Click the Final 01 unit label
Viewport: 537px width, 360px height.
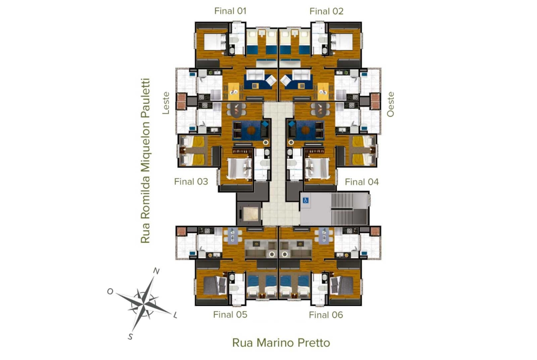pos(230,11)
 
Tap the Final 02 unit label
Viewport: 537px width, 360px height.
pos(326,11)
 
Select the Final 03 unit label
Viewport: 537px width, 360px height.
pos(191,182)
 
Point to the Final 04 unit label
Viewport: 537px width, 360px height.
pos(362,182)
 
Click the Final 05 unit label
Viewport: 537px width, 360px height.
pos(230,315)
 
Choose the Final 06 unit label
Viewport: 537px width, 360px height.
pos(326,315)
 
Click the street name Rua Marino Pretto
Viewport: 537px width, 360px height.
pos(281,343)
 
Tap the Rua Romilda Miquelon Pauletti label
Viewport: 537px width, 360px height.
pos(145,161)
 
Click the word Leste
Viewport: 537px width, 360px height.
pos(166,103)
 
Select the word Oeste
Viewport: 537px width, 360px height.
pos(391,105)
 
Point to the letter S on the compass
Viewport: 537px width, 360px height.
pos(130,337)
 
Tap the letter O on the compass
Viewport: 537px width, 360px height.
pos(110,291)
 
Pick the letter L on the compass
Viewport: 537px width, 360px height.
pos(175,315)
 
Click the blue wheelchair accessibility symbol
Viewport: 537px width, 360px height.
pos(306,200)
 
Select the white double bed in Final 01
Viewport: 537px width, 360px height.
pos(215,42)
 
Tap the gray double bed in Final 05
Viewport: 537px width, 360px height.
pos(215,285)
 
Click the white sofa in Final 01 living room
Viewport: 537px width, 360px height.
pos(255,75)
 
